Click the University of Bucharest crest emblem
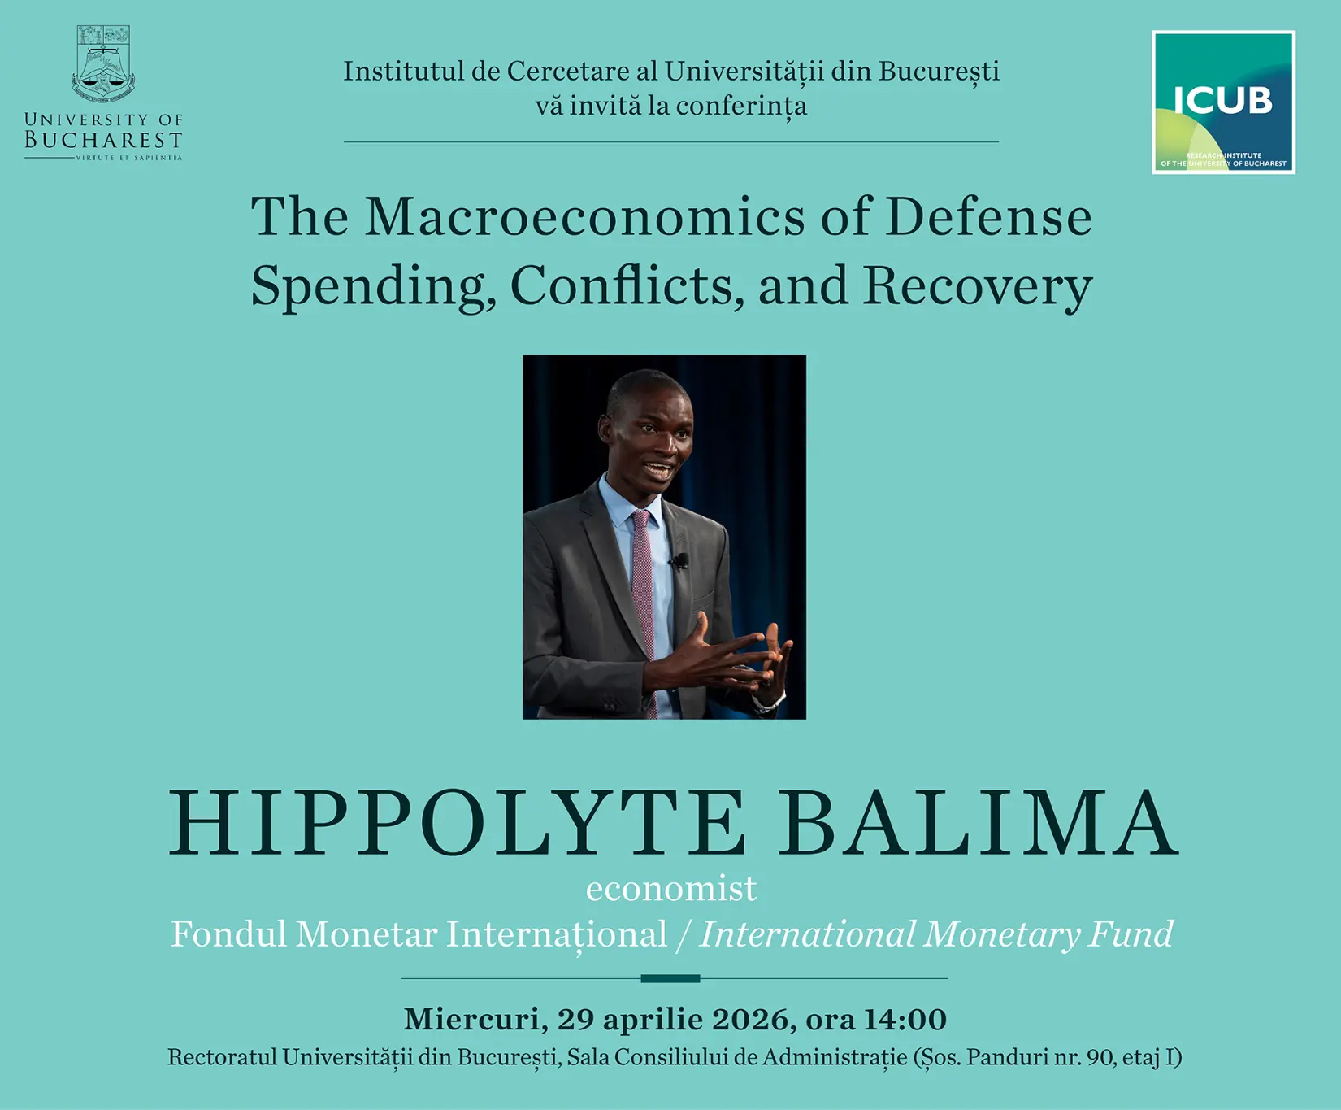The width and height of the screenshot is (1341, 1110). click(x=103, y=62)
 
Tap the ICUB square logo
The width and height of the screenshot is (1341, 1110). click(x=1223, y=102)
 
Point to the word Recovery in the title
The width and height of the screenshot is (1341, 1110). click(x=978, y=287)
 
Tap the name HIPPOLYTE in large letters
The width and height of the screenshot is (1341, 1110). click(x=458, y=822)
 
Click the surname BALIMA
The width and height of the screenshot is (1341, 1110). click(x=979, y=822)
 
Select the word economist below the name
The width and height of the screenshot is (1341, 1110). click(x=671, y=889)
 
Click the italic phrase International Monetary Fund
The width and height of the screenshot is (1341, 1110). click(x=937, y=934)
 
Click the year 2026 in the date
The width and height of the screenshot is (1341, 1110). click(x=753, y=1019)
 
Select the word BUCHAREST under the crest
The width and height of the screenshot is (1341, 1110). click(x=103, y=140)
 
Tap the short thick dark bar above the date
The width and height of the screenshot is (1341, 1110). click(x=670, y=978)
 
